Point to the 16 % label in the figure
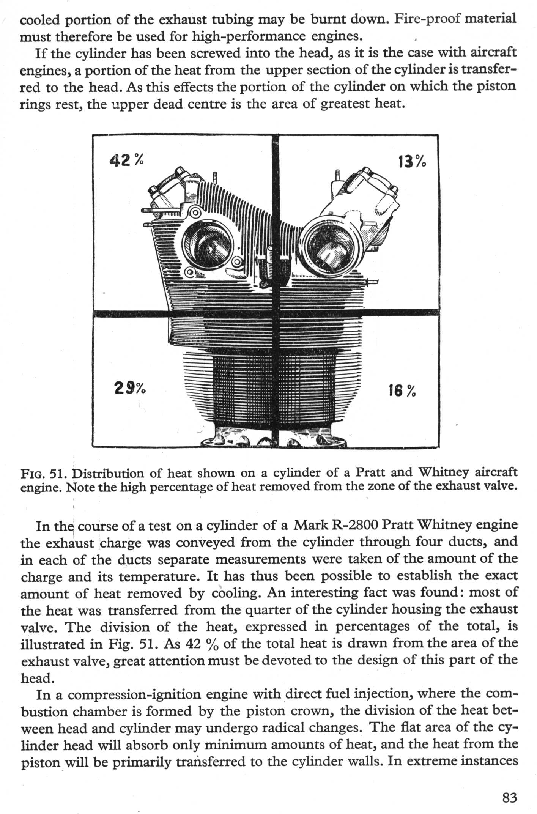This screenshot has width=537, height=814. click(402, 390)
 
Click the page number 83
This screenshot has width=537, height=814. click(509, 797)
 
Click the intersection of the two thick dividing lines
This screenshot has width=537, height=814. click(276, 313)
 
